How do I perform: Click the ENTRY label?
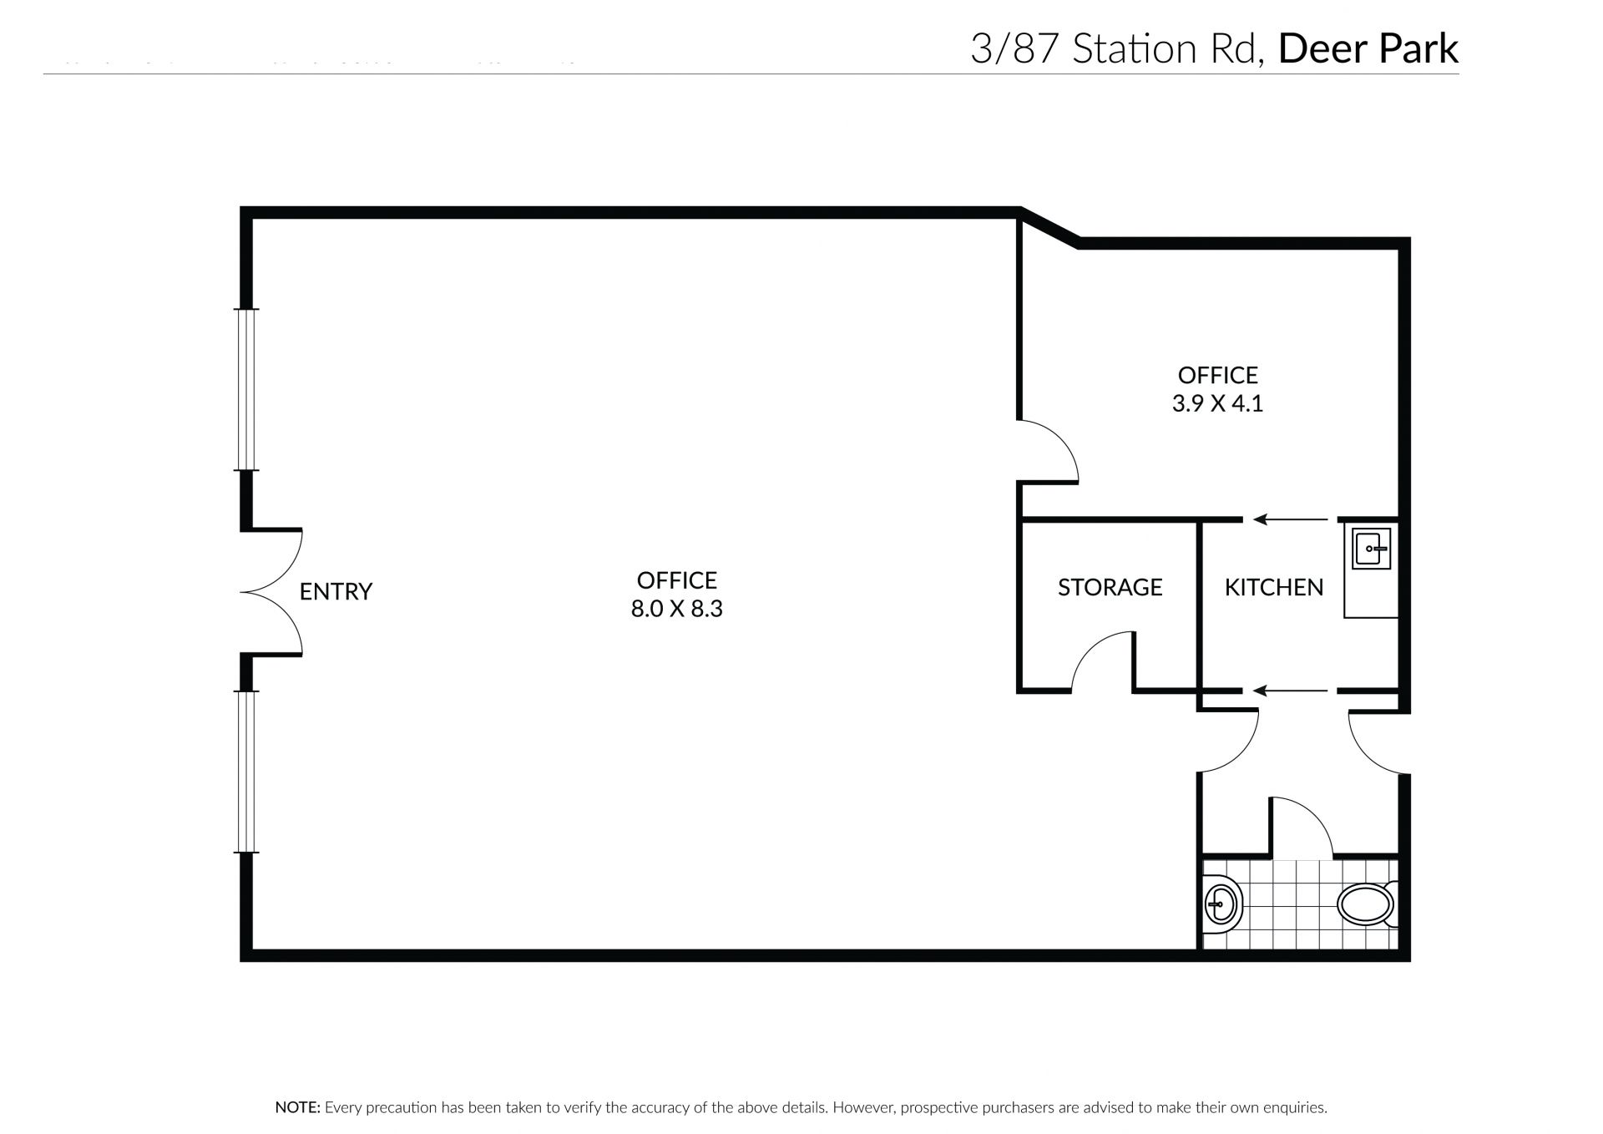[x=336, y=591]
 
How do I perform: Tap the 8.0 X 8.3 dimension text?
[x=676, y=609]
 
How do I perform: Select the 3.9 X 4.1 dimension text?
[x=1217, y=403]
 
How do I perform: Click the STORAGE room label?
[x=1110, y=587]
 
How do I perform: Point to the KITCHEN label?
[x=1274, y=587]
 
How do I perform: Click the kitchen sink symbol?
[x=1371, y=549]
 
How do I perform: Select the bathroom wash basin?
[x=1223, y=903]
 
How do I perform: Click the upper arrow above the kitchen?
[x=1290, y=519]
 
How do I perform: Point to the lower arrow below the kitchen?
[x=1290, y=691]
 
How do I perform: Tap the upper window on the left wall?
[x=246, y=390]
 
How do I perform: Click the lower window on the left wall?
[x=246, y=772]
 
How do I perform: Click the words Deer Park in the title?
[x=1368, y=49]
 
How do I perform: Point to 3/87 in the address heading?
[x=1016, y=49]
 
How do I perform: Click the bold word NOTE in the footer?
[x=297, y=1108]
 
